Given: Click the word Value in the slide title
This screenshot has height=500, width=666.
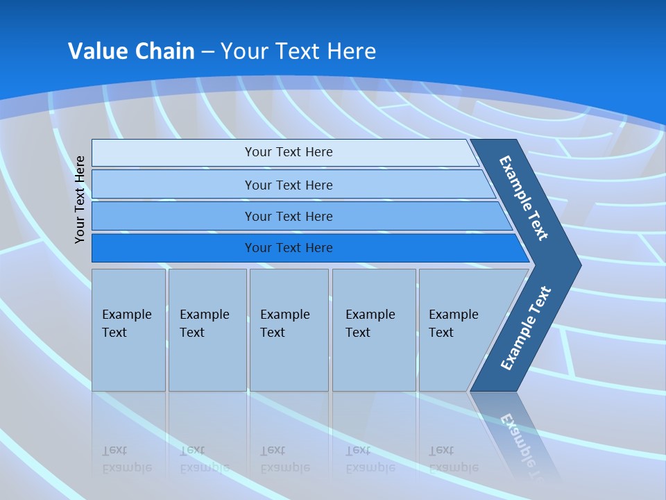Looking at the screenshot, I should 96,51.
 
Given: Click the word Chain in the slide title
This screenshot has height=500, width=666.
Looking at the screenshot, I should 164,51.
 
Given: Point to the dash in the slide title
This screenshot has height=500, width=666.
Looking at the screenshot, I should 207,52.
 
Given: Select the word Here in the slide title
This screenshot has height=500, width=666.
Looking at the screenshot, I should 351,51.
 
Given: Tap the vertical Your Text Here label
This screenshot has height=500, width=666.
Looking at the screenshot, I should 80,199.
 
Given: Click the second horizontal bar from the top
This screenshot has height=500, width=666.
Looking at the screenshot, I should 289,185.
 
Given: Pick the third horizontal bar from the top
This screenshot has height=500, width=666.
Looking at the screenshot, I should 289,216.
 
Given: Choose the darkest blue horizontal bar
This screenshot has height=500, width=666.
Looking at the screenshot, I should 289,248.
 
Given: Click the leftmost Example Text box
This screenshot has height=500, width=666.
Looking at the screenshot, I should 128,330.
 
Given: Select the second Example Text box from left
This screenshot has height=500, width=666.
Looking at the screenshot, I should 207,330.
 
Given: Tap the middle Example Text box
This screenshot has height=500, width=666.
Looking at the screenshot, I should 289,330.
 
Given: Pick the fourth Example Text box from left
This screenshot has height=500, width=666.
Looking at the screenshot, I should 374,330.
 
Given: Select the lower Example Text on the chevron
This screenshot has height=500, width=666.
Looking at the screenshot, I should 526,328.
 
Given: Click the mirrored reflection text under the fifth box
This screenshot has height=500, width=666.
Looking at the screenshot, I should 453,458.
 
